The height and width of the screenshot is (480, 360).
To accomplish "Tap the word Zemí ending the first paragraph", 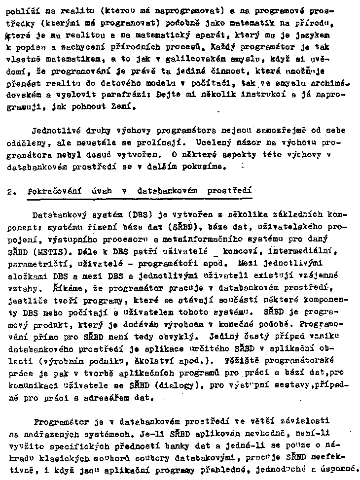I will click(x=123, y=106).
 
